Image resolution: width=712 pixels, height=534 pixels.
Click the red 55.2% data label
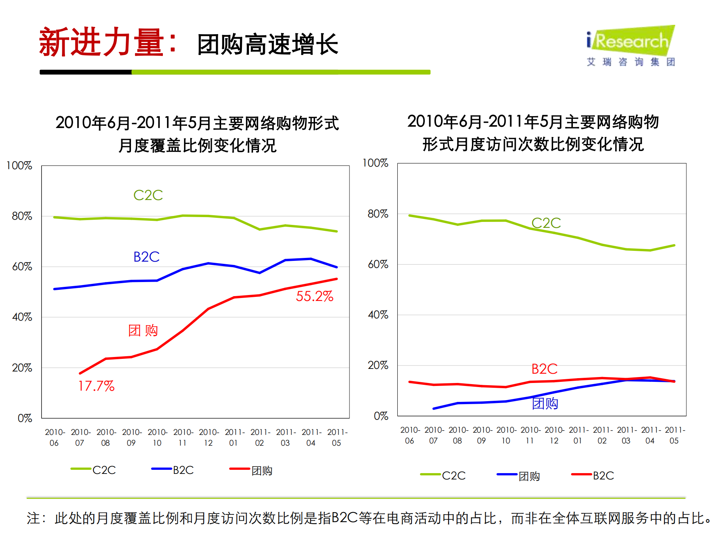click(314, 296)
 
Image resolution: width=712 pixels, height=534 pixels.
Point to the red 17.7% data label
click(96, 386)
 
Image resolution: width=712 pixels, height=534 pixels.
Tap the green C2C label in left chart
click(148, 195)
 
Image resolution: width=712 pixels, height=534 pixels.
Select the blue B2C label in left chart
click(146, 257)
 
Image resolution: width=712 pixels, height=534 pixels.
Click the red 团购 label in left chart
click(143, 330)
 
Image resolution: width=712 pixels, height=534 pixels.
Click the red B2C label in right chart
click(544, 369)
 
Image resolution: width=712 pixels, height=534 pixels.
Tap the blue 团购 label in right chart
click(545, 403)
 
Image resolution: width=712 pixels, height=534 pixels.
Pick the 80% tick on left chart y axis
click(22, 216)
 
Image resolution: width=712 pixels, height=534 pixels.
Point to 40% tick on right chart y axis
click(378, 315)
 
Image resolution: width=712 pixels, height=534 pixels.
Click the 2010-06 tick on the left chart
click(55, 437)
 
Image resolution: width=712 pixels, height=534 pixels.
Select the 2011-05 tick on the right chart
click(675, 435)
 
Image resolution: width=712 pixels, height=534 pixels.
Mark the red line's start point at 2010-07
click(80, 373)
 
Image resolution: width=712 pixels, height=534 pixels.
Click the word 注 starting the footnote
click(33, 518)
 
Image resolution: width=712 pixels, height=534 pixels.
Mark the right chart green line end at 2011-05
click(674, 245)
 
